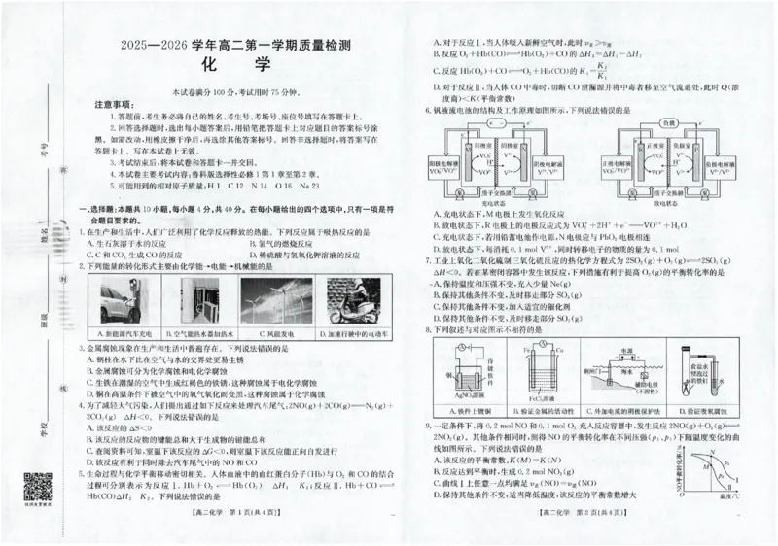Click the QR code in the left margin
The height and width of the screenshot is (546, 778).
coord(37,489)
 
